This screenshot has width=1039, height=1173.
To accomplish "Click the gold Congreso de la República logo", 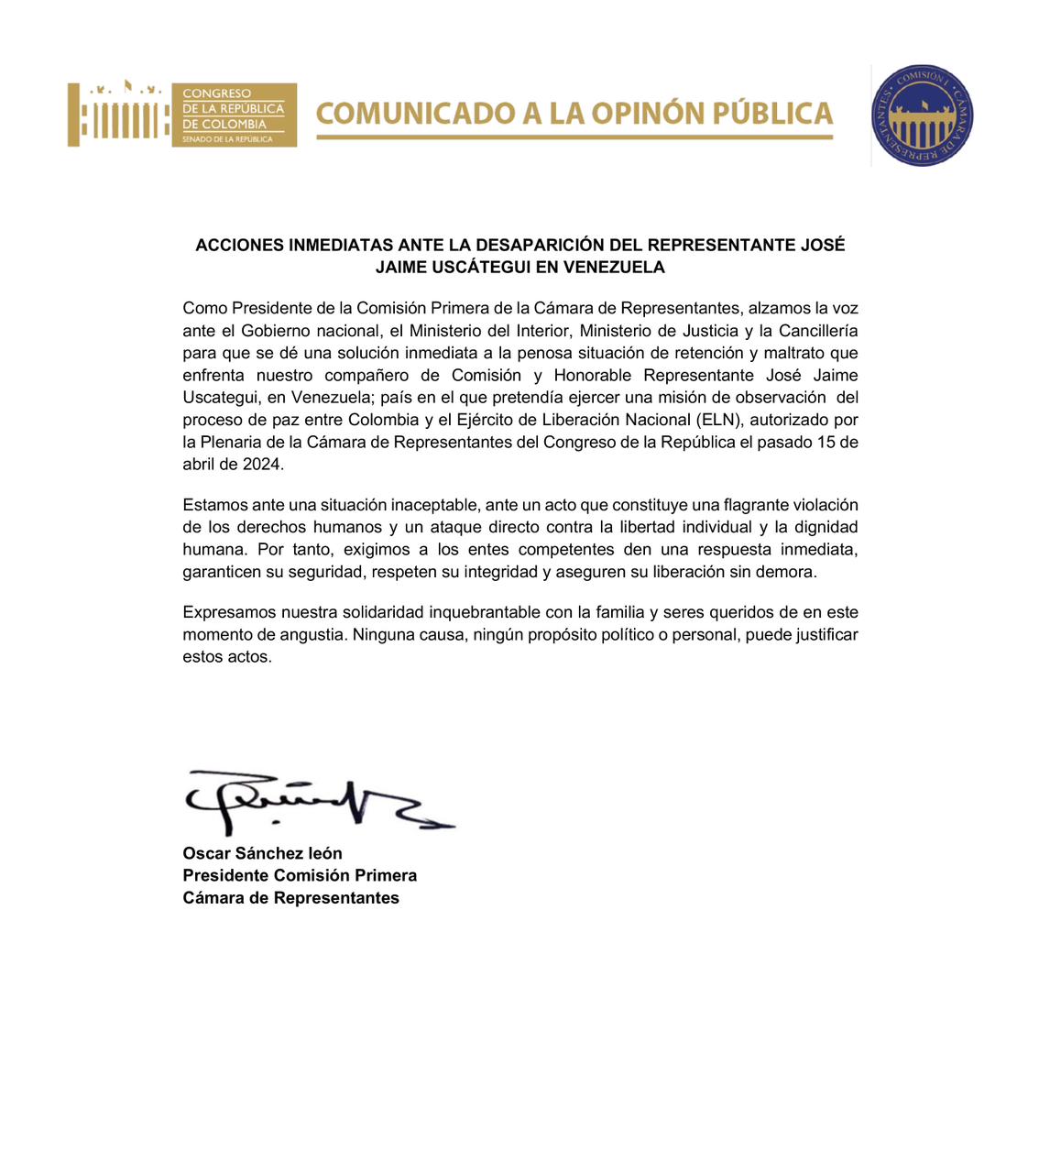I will click(181, 115).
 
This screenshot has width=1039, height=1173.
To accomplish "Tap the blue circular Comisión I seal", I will click(922, 116).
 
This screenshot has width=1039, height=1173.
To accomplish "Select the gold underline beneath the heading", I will click(574, 137).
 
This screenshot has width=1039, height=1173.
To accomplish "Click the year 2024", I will click(263, 464).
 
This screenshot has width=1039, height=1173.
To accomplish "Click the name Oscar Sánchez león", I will click(262, 853).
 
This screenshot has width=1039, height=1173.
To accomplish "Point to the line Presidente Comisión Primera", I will click(300, 875).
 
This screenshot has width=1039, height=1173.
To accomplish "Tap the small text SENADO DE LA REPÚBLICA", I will click(227, 139).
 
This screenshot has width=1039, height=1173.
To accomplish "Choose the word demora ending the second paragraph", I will click(789, 572).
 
